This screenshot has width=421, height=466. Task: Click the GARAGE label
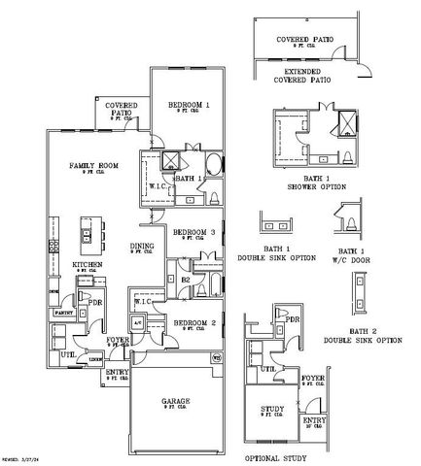(x=176, y=400)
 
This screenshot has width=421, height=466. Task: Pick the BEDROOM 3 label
(x=194, y=233)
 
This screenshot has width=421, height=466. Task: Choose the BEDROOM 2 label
(x=194, y=322)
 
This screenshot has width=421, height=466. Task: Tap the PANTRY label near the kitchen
(x=64, y=314)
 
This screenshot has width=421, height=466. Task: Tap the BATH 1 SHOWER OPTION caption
(x=313, y=182)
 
